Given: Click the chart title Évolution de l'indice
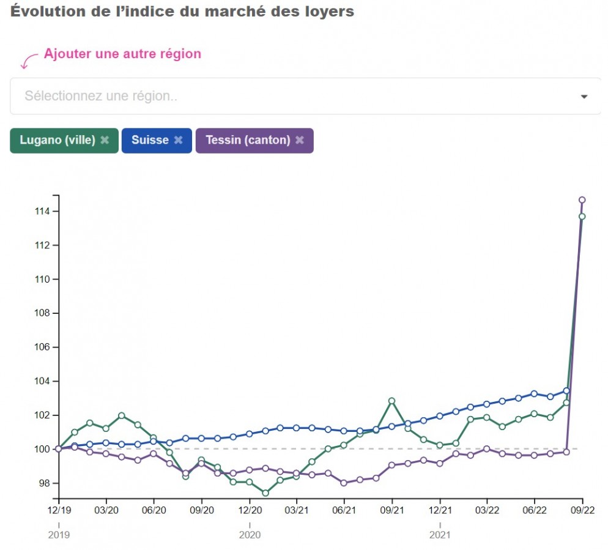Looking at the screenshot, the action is (x=182, y=11).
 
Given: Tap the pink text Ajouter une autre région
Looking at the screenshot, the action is (x=122, y=53).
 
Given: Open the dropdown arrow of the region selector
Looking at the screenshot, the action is (x=584, y=97).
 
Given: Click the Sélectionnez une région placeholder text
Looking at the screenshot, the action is (x=101, y=96).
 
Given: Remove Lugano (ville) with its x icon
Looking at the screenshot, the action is (x=105, y=140).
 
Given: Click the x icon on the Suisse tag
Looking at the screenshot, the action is (x=178, y=140).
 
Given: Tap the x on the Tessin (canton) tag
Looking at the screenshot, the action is (x=299, y=140).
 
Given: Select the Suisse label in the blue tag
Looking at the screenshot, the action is (x=150, y=140).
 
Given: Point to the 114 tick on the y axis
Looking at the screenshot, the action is (x=42, y=212).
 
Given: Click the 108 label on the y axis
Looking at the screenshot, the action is (x=42, y=313).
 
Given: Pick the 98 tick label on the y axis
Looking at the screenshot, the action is (x=45, y=483).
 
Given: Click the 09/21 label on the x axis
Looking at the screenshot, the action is (x=392, y=510).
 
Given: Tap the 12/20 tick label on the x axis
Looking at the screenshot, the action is (x=250, y=510).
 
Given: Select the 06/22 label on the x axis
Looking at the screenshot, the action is (x=535, y=510).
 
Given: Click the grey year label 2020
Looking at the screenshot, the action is (x=250, y=535).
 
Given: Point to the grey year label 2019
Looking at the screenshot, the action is (x=59, y=535).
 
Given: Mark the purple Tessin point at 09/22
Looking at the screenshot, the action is (x=582, y=200).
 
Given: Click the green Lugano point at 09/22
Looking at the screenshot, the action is (x=582, y=217).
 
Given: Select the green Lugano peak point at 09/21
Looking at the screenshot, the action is (x=391, y=401).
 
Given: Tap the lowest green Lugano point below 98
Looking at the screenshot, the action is (x=265, y=493).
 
